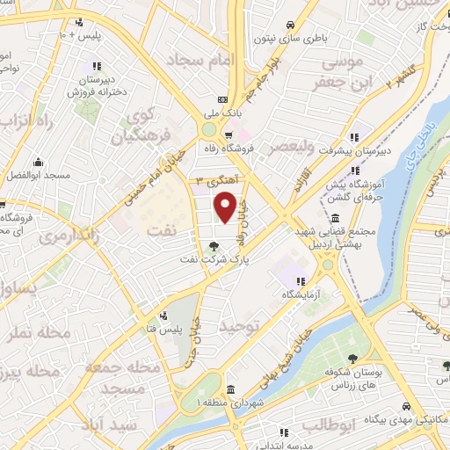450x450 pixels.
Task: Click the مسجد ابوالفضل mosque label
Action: [x=40, y=177]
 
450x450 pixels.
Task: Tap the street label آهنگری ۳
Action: [x=214, y=180]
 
